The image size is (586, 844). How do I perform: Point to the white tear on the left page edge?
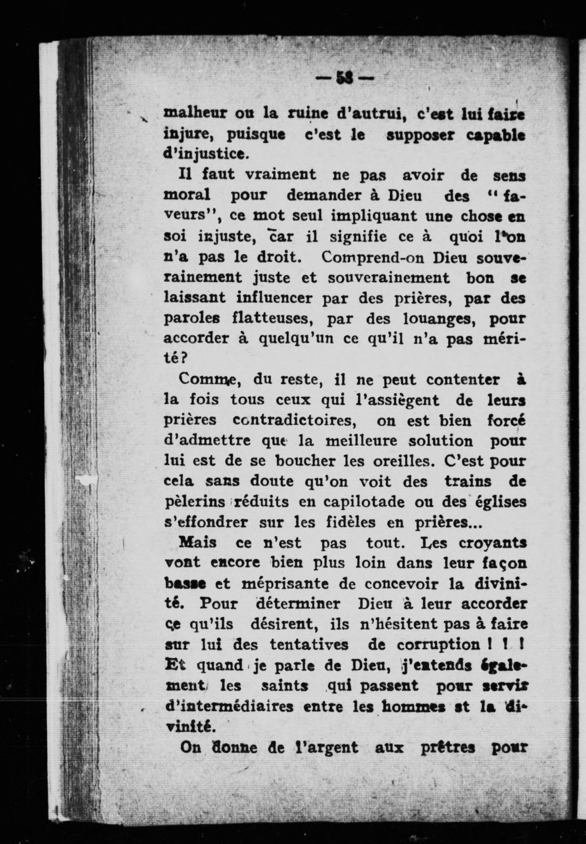pos(86,480)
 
